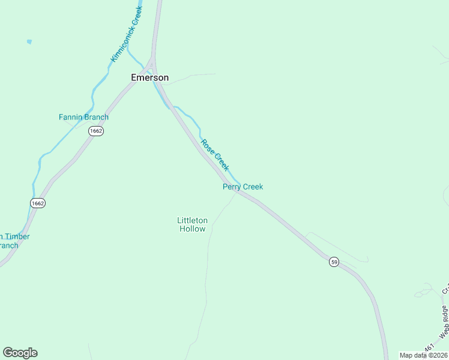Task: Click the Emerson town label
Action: [150, 77]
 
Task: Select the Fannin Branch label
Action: [83, 117]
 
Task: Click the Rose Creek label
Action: [215, 154]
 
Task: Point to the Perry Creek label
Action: [243, 187]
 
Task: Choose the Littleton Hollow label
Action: [192, 224]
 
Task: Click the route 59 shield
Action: [334, 262]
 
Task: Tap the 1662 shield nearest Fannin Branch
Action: [95, 131]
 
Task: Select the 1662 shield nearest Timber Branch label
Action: [37, 203]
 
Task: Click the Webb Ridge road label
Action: [444, 322]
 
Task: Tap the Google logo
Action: [20, 353]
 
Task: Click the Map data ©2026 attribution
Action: [423, 355]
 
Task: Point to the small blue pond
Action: [29, 42]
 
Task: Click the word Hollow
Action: [192, 229]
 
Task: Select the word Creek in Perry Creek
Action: [253, 187]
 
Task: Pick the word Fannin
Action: [70, 117]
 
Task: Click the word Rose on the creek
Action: [208, 146]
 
